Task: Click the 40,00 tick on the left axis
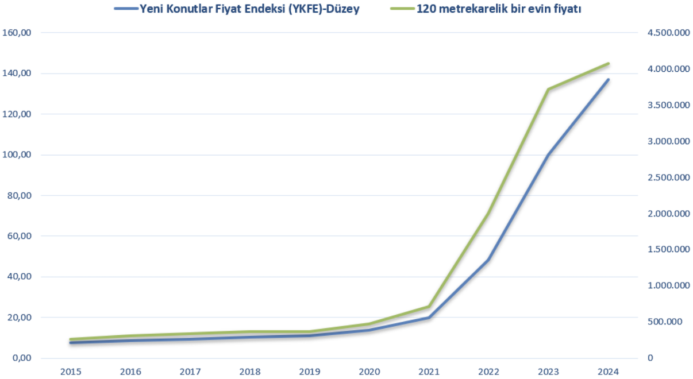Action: (18, 277)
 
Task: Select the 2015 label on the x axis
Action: (71, 372)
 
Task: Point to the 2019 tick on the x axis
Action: (310, 372)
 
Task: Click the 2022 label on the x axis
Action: (489, 372)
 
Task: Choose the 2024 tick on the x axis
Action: (608, 372)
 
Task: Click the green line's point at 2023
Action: (548, 90)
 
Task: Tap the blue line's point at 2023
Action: (548, 155)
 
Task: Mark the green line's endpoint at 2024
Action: (608, 63)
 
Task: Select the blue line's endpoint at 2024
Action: (608, 79)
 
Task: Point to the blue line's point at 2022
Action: (488, 260)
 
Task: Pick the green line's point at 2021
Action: (429, 306)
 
